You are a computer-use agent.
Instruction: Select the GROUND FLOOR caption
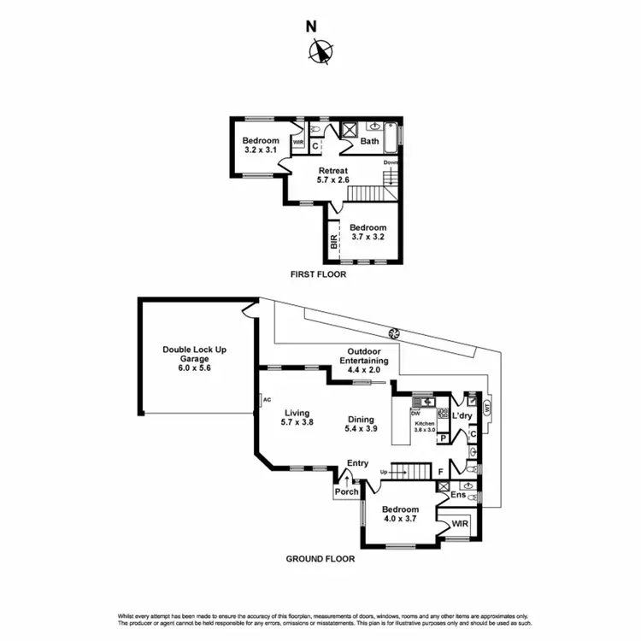(320, 559)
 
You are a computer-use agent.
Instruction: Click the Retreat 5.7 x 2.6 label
(332, 176)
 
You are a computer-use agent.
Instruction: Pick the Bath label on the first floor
(370, 142)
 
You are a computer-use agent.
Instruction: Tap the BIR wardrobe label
(333, 243)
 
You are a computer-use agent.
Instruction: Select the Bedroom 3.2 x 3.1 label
(260, 145)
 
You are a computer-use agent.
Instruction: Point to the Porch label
(346, 491)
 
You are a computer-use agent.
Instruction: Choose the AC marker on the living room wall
(267, 399)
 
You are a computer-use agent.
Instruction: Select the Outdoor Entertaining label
(368, 356)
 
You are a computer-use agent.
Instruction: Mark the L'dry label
(462, 415)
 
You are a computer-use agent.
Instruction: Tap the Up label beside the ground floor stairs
(384, 472)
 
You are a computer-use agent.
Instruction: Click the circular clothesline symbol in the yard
(394, 333)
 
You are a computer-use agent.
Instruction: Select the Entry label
(357, 463)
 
